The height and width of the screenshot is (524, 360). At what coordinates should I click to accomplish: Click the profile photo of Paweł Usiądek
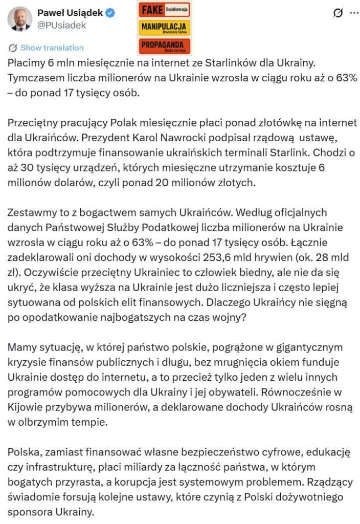(20, 19)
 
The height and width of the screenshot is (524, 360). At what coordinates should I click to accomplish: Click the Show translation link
(52, 48)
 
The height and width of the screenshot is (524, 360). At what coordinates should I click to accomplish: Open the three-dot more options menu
(353, 13)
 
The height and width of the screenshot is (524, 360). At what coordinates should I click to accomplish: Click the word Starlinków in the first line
(229, 64)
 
